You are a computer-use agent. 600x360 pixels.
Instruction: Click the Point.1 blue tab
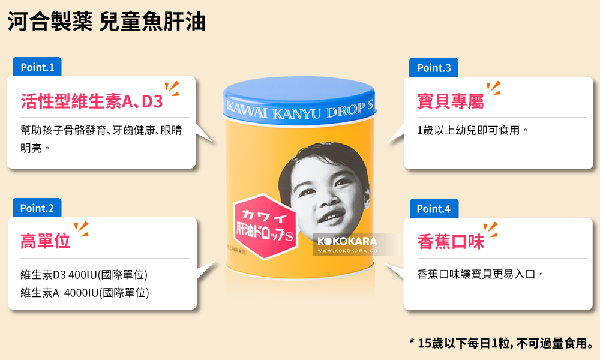click(37, 67)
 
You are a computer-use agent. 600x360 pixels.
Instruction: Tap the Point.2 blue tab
click(37, 208)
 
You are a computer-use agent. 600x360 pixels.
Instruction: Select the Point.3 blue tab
click(433, 68)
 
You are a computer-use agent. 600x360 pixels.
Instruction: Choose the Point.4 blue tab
click(433, 209)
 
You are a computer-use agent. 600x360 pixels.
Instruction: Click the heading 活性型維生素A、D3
click(92, 101)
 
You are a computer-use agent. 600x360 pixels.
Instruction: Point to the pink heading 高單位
click(46, 241)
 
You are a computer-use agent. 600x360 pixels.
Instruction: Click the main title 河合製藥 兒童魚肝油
click(107, 22)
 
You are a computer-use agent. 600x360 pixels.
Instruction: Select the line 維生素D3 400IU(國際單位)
click(84, 275)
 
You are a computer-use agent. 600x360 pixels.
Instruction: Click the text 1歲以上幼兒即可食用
click(472, 130)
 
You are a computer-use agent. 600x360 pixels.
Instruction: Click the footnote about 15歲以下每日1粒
click(502, 343)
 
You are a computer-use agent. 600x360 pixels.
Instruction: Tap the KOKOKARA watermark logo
click(347, 241)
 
